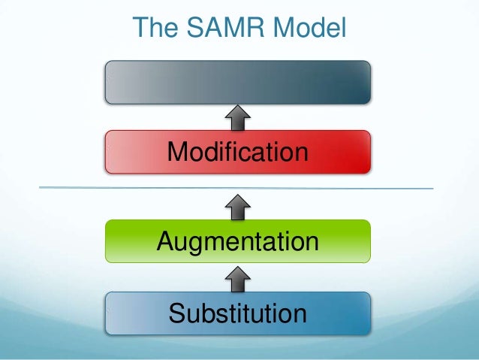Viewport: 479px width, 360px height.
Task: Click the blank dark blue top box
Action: [238, 82]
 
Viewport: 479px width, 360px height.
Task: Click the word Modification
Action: [238, 152]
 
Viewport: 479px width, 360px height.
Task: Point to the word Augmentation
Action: [238, 243]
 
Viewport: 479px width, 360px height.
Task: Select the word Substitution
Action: [238, 313]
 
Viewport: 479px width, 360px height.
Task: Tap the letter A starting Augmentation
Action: [165, 242]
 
